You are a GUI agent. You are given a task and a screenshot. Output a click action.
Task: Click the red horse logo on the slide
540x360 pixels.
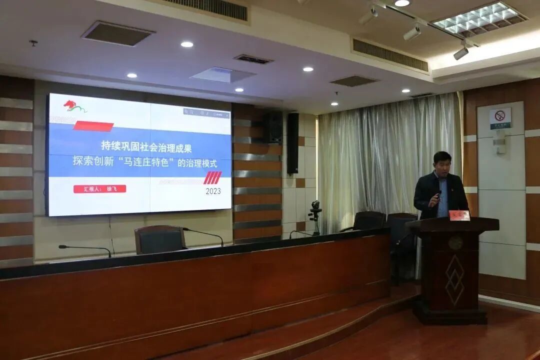(74, 106)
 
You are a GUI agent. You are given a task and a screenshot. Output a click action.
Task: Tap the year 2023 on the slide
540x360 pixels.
(213, 191)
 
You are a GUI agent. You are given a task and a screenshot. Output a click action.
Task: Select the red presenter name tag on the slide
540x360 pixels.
(99, 189)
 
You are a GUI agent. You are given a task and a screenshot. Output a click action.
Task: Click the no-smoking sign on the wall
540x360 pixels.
(500, 118)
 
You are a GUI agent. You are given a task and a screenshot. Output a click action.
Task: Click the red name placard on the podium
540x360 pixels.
(459, 215)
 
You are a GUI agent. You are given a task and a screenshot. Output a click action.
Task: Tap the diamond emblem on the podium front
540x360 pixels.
(454, 280)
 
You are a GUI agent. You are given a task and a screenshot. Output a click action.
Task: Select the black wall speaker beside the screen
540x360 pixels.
(292, 143)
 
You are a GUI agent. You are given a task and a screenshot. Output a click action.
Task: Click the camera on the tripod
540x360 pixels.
(315, 206)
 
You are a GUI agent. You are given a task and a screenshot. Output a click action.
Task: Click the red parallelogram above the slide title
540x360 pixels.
(93, 126)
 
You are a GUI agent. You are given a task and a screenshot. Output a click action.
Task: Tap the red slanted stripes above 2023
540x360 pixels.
(212, 177)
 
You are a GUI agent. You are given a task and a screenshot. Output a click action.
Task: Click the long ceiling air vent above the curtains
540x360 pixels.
(390, 54)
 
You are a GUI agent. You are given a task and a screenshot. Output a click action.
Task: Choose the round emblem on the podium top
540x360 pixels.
(455, 242)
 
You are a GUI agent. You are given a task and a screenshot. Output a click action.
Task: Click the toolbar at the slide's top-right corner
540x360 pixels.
(206, 113)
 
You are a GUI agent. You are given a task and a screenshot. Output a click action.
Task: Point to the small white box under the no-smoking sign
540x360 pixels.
(499, 145)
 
